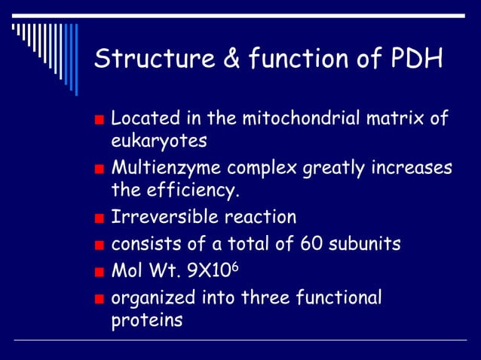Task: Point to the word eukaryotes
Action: coord(158,141)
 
